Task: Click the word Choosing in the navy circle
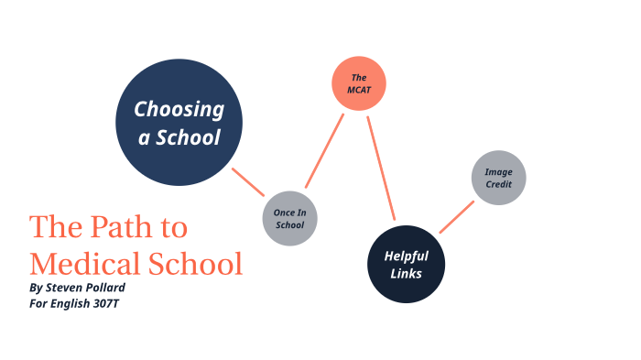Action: click(x=179, y=110)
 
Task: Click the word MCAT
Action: click(x=358, y=91)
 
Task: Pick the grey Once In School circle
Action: click(x=289, y=219)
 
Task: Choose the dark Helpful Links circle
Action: click(x=407, y=264)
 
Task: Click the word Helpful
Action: click(x=407, y=256)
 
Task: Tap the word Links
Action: click(x=407, y=273)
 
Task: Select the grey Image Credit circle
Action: click(x=499, y=178)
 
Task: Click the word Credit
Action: click(x=499, y=184)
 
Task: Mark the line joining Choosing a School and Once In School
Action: click(x=248, y=182)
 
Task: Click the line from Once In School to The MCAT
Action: click(x=323, y=150)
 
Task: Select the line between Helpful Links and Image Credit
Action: click(x=456, y=217)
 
